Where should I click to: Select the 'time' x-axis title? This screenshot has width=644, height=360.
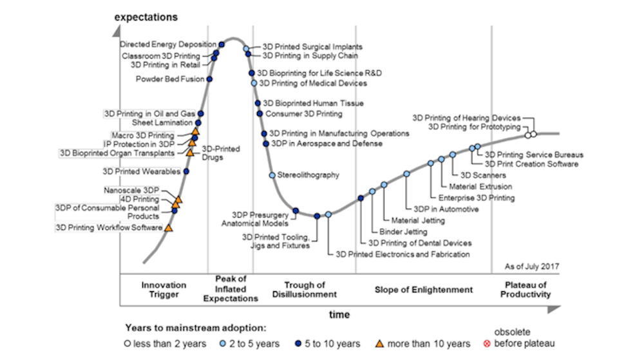coord(340,314)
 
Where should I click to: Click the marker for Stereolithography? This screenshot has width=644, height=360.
coord(272,175)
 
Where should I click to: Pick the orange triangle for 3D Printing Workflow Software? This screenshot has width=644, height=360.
coord(168,227)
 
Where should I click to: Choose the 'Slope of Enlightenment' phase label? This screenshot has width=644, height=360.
coord(424,290)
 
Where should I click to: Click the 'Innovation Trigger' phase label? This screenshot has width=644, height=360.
coord(164,289)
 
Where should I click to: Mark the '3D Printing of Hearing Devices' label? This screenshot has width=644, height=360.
coord(466,118)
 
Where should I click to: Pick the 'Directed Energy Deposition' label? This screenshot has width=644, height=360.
coord(169,44)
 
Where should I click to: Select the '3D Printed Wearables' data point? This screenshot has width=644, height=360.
coord(186,171)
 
